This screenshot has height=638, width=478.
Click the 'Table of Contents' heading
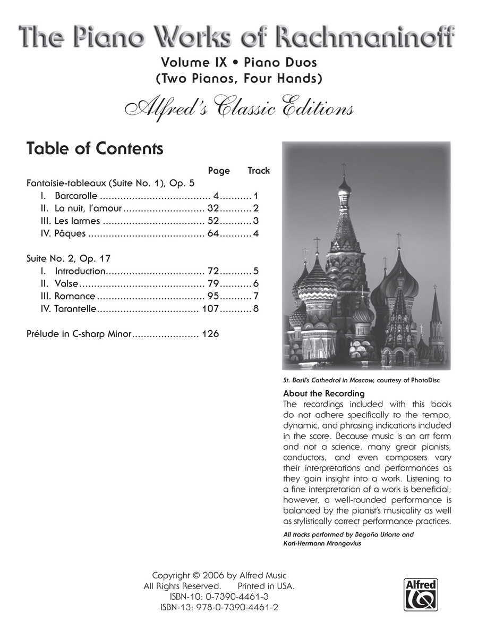tap(95, 149)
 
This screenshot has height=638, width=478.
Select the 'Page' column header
tap(219, 171)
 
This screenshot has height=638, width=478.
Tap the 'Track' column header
tap(259, 171)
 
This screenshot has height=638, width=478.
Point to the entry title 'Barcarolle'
tap(76, 196)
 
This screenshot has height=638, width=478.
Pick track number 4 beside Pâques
tap(256, 233)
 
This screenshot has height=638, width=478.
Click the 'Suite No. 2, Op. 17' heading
tap(69, 258)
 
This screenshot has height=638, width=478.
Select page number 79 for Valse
tap(214, 283)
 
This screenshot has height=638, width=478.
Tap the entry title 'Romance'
tap(75, 296)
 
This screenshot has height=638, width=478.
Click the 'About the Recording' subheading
tap(323, 393)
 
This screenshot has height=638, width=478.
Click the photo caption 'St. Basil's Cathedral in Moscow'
tap(330, 380)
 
